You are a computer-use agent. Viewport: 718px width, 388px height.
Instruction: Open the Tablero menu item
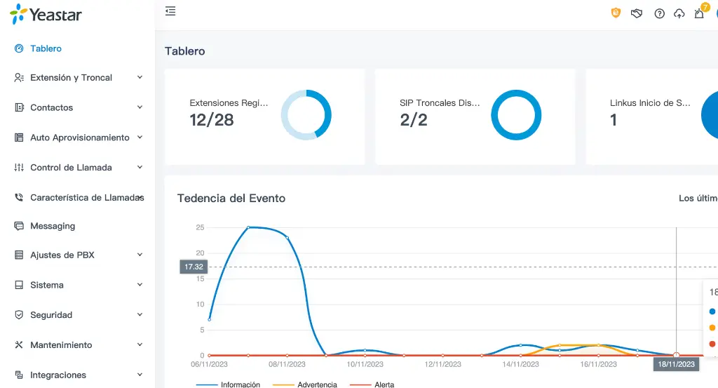point(46,48)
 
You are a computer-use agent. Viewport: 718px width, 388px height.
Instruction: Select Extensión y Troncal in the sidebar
point(71,78)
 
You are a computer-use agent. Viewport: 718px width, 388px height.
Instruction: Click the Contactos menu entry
point(51,107)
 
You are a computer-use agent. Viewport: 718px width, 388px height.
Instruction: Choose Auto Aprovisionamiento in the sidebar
point(79,138)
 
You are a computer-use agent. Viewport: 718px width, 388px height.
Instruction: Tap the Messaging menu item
point(53,226)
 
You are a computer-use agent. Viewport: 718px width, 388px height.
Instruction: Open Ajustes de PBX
point(62,255)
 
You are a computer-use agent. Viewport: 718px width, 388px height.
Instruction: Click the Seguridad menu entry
point(51,315)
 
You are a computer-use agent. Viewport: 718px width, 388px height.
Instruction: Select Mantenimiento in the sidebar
point(61,345)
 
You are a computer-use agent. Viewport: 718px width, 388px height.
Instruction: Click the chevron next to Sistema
point(140,285)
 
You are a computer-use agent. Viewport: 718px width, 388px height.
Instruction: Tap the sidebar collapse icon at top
point(170,11)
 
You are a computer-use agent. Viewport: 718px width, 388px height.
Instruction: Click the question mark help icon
point(659,13)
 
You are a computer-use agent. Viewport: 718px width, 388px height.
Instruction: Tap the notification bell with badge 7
point(699,13)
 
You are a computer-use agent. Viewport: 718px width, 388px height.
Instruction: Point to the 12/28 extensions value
point(211,120)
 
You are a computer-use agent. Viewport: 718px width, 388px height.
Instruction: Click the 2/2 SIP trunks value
point(414,120)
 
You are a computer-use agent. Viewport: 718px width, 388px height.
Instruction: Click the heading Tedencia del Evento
point(231,199)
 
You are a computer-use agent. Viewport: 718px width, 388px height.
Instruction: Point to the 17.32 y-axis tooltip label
point(193,267)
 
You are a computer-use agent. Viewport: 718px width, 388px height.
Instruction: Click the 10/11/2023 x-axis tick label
point(365,364)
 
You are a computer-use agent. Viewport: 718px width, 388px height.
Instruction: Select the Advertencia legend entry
point(317,384)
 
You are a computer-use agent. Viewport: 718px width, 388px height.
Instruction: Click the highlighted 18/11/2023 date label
point(677,364)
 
